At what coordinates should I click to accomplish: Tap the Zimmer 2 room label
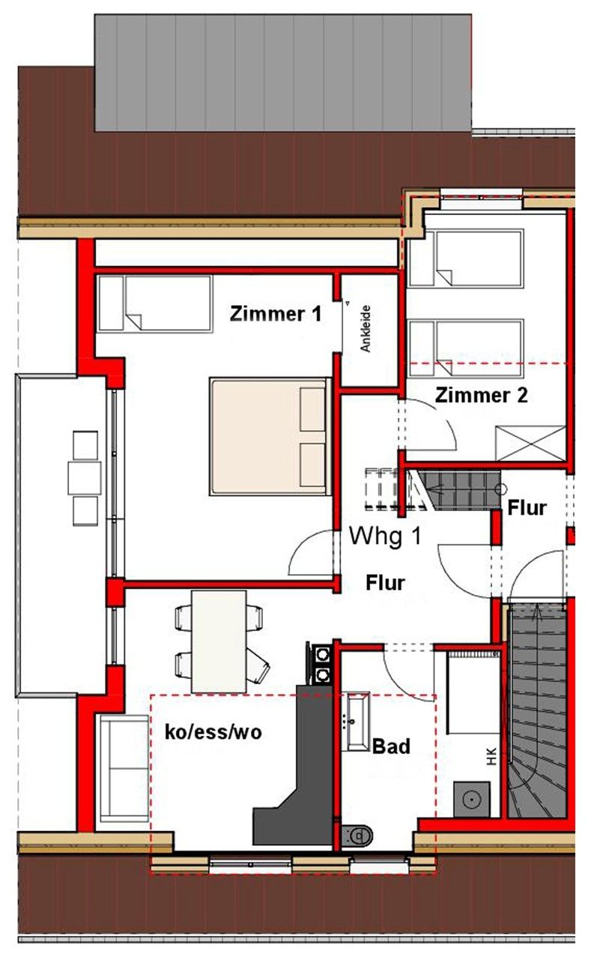click(x=481, y=395)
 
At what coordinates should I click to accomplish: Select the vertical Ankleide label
click(x=366, y=328)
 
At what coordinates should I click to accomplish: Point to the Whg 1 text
click(x=384, y=536)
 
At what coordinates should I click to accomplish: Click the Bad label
click(x=391, y=746)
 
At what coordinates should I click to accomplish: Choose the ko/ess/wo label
click(x=213, y=732)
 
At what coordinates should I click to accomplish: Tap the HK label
click(x=491, y=757)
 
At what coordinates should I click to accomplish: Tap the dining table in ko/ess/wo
click(x=219, y=642)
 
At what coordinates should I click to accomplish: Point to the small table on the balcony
click(x=85, y=478)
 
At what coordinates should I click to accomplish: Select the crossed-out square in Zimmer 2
click(x=530, y=444)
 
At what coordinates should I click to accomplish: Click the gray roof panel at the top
click(x=282, y=73)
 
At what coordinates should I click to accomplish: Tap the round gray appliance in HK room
click(x=472, y=799)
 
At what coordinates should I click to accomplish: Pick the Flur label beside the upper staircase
click(x=527, y=508)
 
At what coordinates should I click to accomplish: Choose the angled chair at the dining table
click(x=258, y=668)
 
